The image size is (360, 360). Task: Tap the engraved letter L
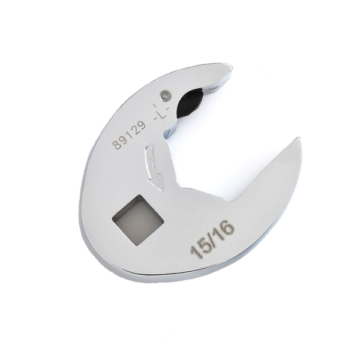(x=160, y=111)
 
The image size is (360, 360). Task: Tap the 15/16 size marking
(x=213, y=238)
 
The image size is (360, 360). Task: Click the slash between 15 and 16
(x=212, y=238)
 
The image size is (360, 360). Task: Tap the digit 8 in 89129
(x=115, y=145)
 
